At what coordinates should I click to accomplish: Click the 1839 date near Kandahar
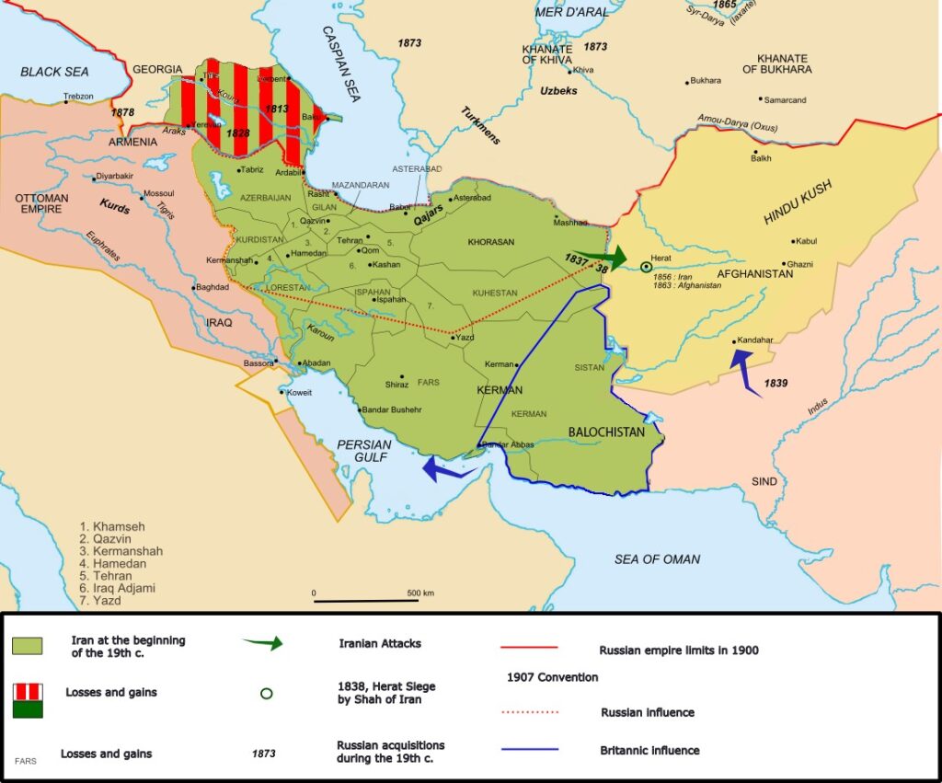(775, 383)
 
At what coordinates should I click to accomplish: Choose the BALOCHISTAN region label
(605, 432)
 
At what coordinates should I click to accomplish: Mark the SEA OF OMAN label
(657, 558)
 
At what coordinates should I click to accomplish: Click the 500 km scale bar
(366, 601)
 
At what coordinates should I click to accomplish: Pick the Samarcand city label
(784, 99)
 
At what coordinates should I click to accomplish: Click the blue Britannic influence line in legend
(530, 750)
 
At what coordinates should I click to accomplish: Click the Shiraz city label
(396, 384)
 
